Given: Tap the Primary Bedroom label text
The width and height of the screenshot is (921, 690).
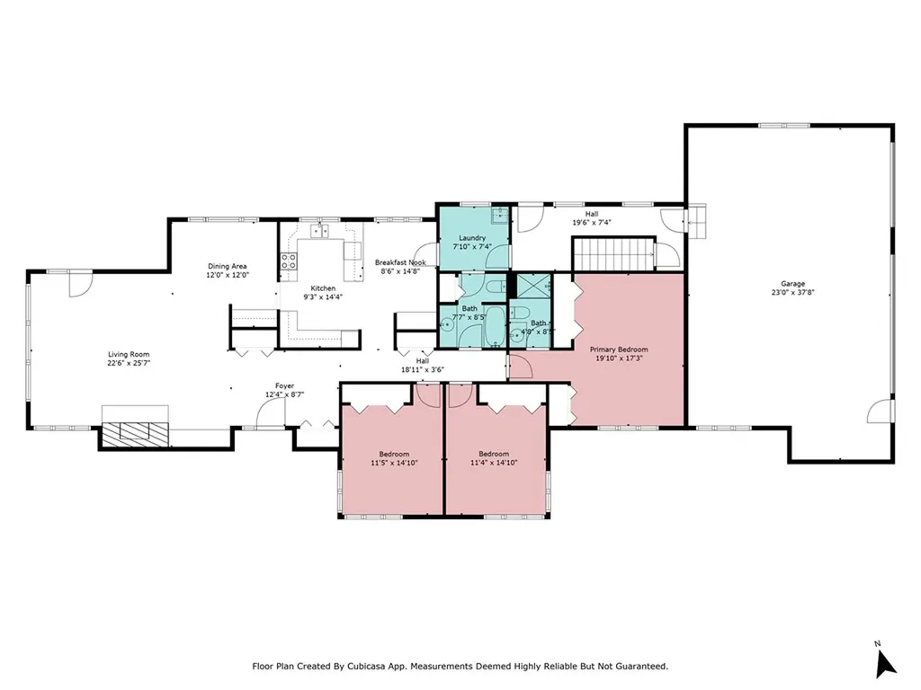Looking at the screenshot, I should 618,349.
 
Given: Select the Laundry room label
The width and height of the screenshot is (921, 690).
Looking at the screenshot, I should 473,237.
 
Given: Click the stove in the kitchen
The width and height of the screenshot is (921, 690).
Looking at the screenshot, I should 290,261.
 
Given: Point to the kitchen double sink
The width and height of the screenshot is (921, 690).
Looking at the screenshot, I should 320,232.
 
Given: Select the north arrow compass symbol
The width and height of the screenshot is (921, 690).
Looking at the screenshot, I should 885,661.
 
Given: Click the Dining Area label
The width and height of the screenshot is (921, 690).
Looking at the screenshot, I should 228,266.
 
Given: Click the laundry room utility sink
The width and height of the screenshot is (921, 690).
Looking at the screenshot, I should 500,215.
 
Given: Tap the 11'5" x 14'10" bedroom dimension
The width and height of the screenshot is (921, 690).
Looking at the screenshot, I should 392,463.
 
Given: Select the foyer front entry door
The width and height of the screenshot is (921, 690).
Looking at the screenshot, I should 267,413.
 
